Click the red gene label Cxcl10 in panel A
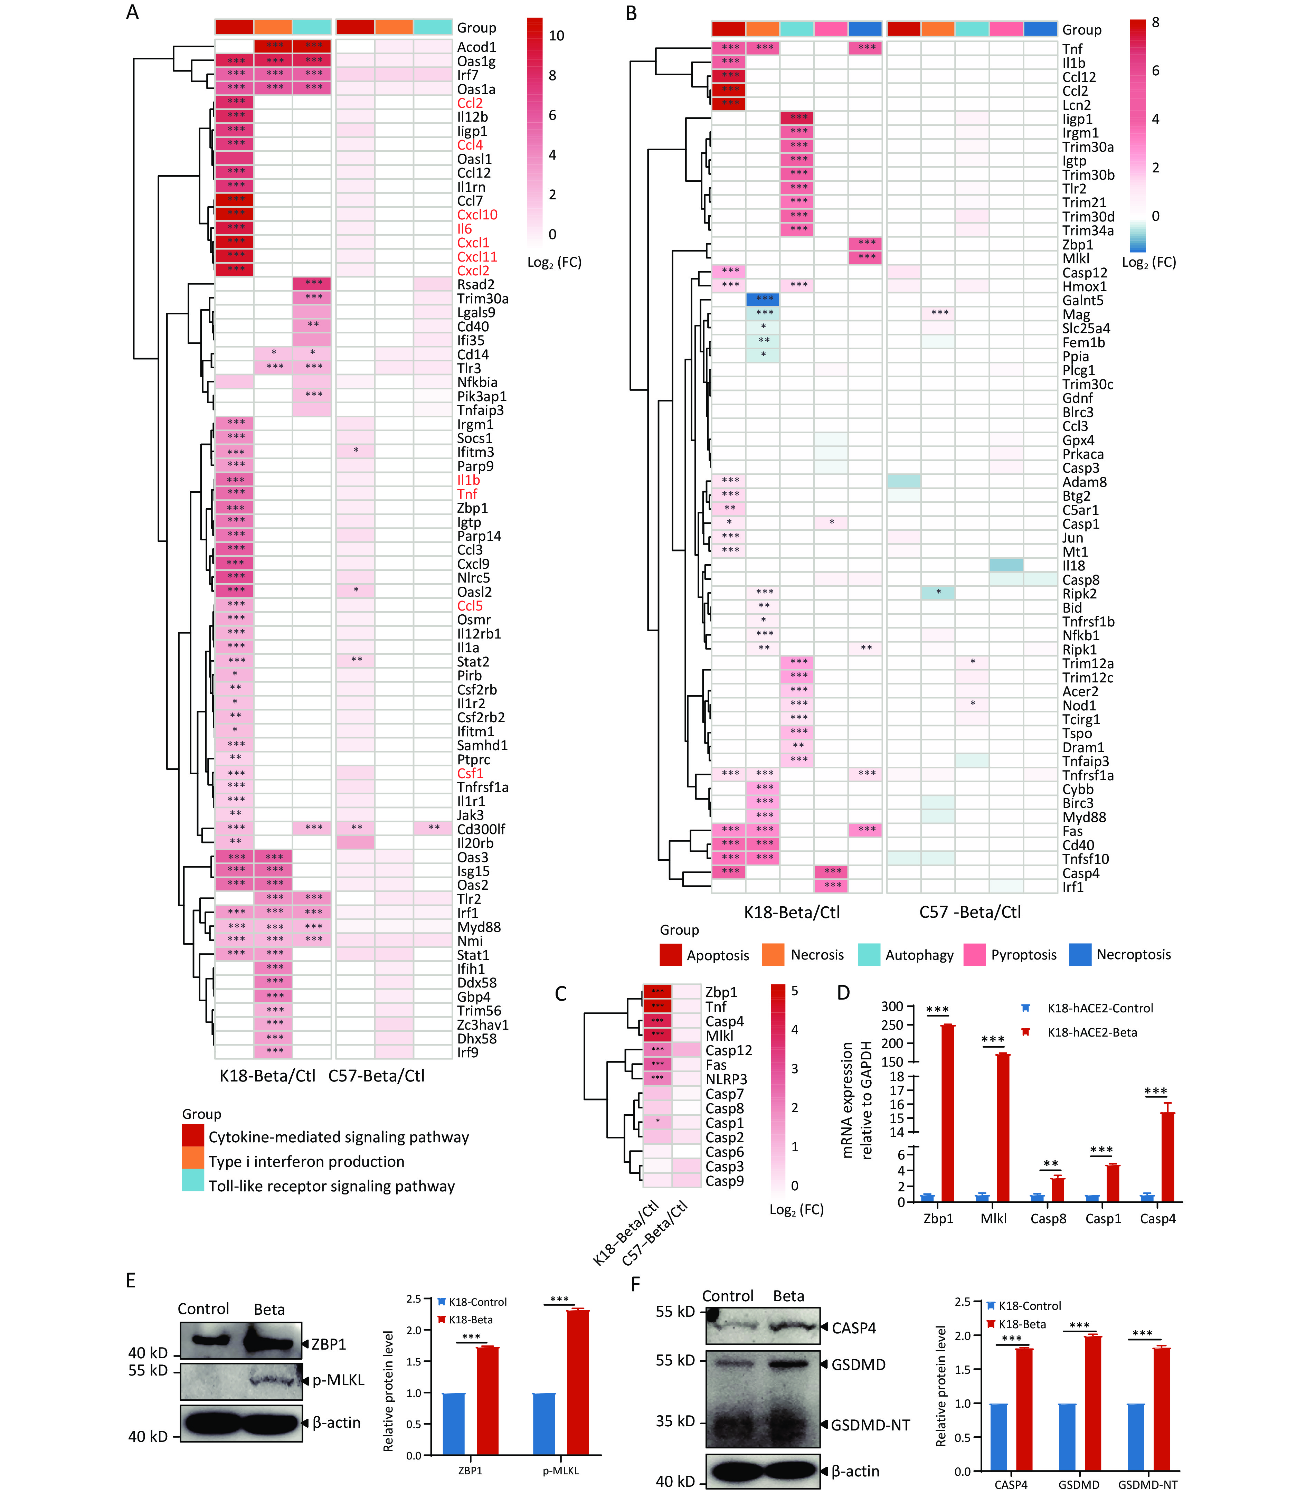tap(477, 215)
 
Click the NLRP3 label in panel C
tap(726, 1079)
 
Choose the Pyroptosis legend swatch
tap(974, 955)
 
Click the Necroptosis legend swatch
tap(1080, 955)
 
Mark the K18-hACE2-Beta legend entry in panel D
tap(1092, 1032)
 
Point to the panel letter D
tap(843, 993)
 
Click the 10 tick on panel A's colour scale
tap(556, 36)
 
